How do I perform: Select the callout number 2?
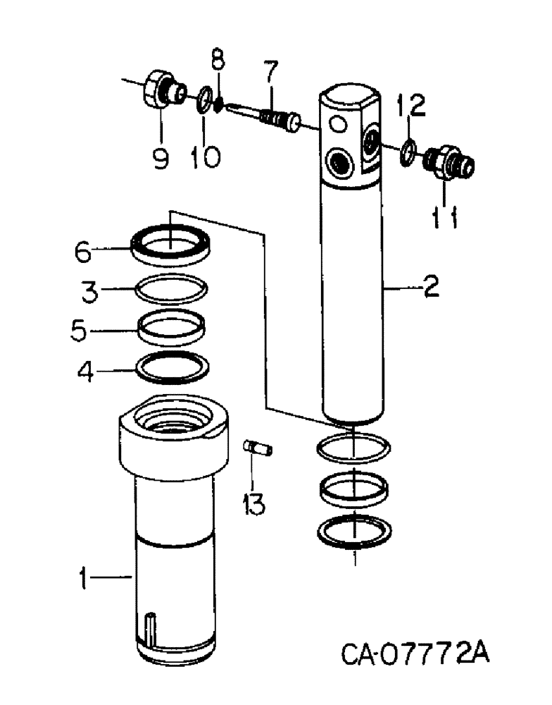click(430, 287)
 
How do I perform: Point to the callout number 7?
click(271, 73)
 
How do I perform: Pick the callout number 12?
click(410, 106)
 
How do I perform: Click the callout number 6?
click(84, 251)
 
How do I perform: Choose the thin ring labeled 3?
click(171, 290)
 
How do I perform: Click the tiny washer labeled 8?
click(220, 104)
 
